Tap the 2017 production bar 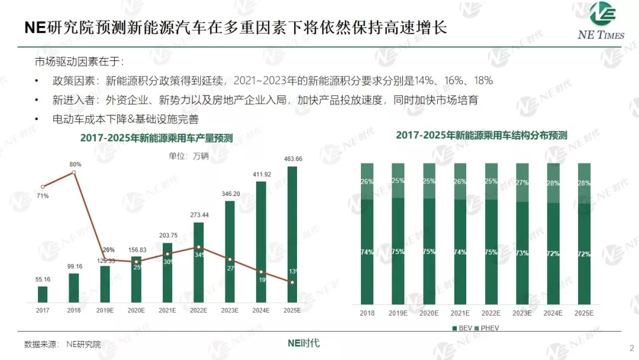click(43, 294)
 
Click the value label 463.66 click(292, 159)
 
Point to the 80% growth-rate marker click(73, 172)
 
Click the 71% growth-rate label click(43, 195)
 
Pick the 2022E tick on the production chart click(198, 310)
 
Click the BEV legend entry click(464, 327)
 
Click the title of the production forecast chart click(157, 138)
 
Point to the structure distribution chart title click(482, 135)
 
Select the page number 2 click(631, 348)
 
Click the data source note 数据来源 click(62, 344)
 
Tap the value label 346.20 click(230, 194)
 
